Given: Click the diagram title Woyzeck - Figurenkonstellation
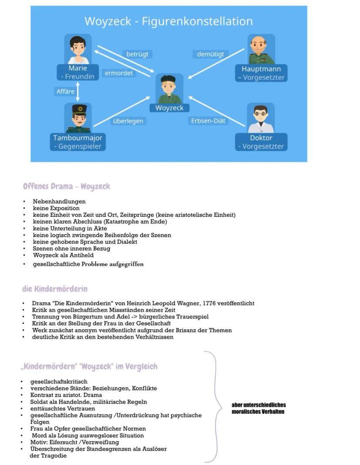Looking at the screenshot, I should click(x=168, y=21).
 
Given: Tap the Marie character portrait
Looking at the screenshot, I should click(x=78, y=49).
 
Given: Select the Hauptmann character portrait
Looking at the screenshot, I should click(x=261, y=49).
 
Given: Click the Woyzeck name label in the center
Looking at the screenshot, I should click(x=169, y=108).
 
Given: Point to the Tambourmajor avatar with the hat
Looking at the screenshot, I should click(x=78, y=118).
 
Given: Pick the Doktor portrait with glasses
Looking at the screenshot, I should click(x=261, y=118).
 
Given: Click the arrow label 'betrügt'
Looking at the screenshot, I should click(x=137, y=54).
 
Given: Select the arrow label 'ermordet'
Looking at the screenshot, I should click(x=119, y=73).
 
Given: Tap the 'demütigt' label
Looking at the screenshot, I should click(x=210, y=54).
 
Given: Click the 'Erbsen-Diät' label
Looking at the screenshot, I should click(x=209, y=121).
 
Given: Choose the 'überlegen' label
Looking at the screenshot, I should click(x=128, y=121).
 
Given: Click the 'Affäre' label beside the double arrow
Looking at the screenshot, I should click(x=65, y=92).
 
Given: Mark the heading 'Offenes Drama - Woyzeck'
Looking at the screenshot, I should click(x=67, y=186).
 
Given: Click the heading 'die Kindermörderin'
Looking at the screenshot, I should click(x=55, y=289).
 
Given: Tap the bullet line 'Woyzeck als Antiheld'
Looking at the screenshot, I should click(x=63, y=255).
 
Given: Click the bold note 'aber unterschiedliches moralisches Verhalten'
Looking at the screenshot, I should click(x=259, y=408).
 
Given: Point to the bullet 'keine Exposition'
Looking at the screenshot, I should click(x=56, y=208).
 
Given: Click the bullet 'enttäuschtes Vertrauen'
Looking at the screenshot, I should click(x=63, y=409).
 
